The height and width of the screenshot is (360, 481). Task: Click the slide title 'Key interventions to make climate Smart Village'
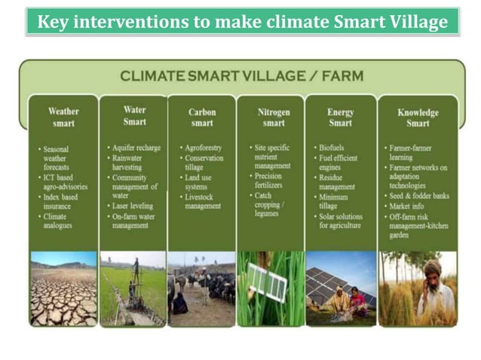tap(242, 22)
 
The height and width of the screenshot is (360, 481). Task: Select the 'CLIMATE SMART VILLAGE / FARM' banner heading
tap(241, 76)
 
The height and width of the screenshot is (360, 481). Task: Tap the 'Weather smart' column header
tap(63, 117)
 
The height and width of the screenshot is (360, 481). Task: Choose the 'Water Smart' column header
tap(133, 115)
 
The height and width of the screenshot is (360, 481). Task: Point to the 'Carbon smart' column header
tap(202, 117)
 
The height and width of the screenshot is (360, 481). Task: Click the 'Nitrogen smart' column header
tap(273, 117)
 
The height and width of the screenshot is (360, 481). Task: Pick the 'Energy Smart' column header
tap(340, 117)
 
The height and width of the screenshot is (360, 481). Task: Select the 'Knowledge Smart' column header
tap(417, 117)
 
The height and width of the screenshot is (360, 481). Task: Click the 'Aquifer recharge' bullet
tap(136, 148)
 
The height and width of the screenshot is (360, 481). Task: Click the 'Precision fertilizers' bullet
tap(273, 181)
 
